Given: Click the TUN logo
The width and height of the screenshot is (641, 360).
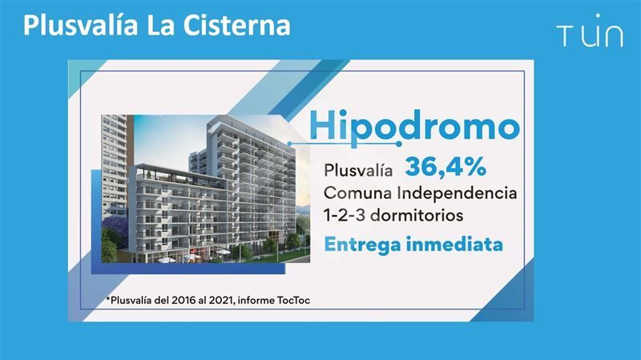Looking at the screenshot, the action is click(x=590, y=31).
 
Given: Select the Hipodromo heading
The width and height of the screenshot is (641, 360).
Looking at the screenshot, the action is click(x=414, y=126).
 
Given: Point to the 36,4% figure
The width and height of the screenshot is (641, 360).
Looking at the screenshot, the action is click(x=445, y=167).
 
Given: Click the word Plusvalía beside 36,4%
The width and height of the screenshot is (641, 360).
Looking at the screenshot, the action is click(x=358, y=170).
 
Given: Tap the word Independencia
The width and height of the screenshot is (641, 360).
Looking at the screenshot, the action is click(x=458, y=192).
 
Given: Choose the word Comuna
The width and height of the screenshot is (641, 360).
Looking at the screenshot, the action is click(x=358, y=193).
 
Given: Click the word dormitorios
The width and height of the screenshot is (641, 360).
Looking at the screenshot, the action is click(x=416, y=215).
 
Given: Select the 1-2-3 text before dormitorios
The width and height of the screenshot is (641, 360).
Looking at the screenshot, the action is click(x=345, y=215).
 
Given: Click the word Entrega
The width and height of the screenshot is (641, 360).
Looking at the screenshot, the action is click(x=362, y=245).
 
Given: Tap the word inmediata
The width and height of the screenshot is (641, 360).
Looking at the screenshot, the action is click(x=454, y=245).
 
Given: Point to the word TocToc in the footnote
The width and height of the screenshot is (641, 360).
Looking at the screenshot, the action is click(x=293, y=301).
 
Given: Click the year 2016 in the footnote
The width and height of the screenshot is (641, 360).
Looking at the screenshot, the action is click(x=183, y=301).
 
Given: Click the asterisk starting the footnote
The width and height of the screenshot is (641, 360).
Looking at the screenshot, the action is click(x=108, y=299).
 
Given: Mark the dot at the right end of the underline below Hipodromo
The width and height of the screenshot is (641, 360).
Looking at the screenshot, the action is click(x=398, y=144).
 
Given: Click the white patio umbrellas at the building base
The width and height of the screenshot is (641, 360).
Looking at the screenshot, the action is click(x=192, y=257).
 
